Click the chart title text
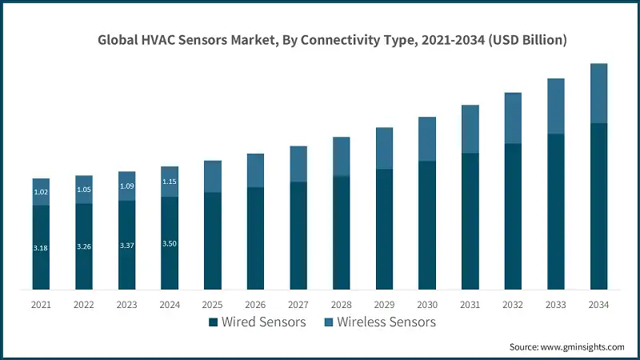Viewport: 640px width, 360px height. point(332,41)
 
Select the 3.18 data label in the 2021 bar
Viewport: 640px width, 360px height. point(41,249)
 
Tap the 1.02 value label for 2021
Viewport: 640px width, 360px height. point(41,192)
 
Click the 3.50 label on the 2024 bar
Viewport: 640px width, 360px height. point(170,243)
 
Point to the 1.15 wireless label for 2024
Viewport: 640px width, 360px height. point(170,182)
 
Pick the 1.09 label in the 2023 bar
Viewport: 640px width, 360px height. point(126,186)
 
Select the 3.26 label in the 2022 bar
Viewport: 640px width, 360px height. point(84,247)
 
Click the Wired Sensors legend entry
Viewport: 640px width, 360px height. point(257,322)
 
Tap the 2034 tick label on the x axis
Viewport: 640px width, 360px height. point(598,305)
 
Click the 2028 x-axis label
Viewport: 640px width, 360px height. point(342,305)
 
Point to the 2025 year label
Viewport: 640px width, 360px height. point(213,305)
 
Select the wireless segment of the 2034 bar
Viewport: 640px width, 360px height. point(598,94)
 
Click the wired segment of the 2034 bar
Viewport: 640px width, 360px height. point(598,206)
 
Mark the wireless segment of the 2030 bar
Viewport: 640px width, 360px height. point(427,139)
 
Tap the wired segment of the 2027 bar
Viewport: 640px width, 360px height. point(298,235)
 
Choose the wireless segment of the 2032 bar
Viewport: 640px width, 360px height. point(513,118)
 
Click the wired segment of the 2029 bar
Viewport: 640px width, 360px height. point(384,229)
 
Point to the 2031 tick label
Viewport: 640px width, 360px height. point(470,305)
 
